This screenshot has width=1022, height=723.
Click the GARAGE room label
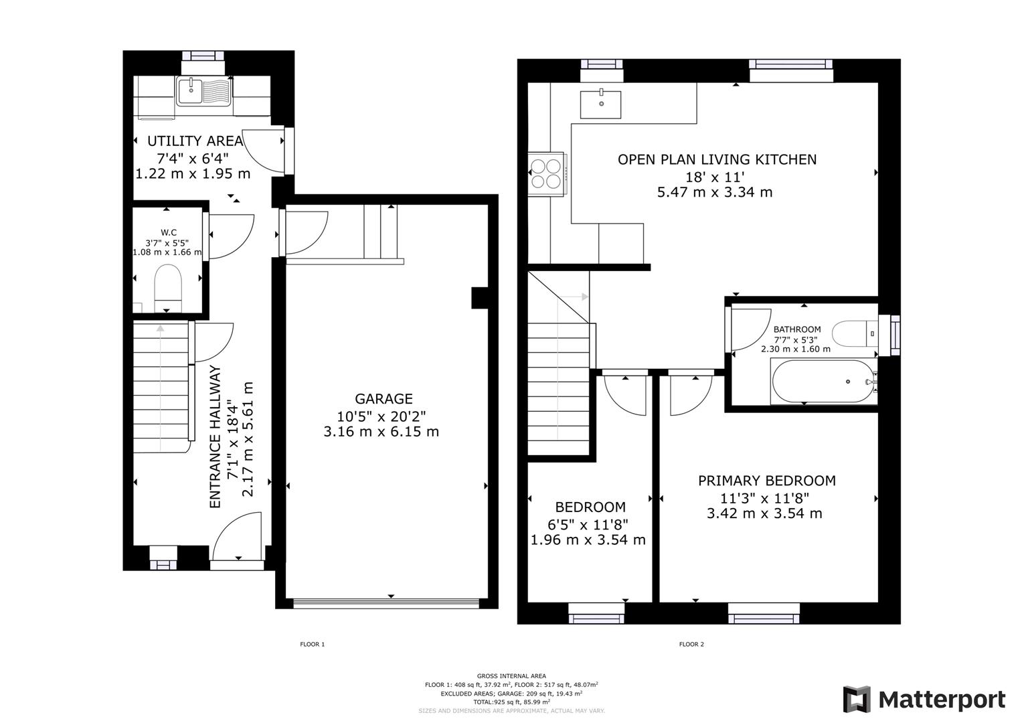(x=384, y=399)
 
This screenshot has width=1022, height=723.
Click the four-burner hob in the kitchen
(x=546, y=173)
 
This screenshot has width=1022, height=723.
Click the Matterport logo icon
(x=857, y=700)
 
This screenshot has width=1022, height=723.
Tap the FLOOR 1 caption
(x=312, y=645)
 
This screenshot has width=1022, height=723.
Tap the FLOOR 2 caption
(x=691, y=645)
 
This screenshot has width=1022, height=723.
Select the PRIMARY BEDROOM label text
(x=766, y=481)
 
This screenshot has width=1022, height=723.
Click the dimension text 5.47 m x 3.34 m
(x=715, y=193)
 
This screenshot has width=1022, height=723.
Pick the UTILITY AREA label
(x=195, y=141)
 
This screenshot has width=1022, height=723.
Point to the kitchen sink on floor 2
(x=600, y=104)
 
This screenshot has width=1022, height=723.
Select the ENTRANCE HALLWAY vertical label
(x=216, y=436)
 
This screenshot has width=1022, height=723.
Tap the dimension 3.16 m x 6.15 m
(x=381, y=432)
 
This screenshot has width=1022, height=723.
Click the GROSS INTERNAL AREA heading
(x=511, y=676)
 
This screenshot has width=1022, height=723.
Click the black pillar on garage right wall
(x=480, y=298)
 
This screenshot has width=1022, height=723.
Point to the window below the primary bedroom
(x=763, y=612)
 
